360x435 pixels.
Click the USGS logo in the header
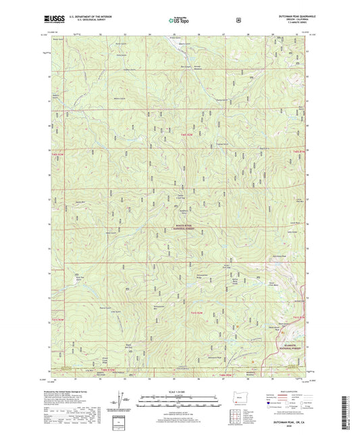[61, 21]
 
